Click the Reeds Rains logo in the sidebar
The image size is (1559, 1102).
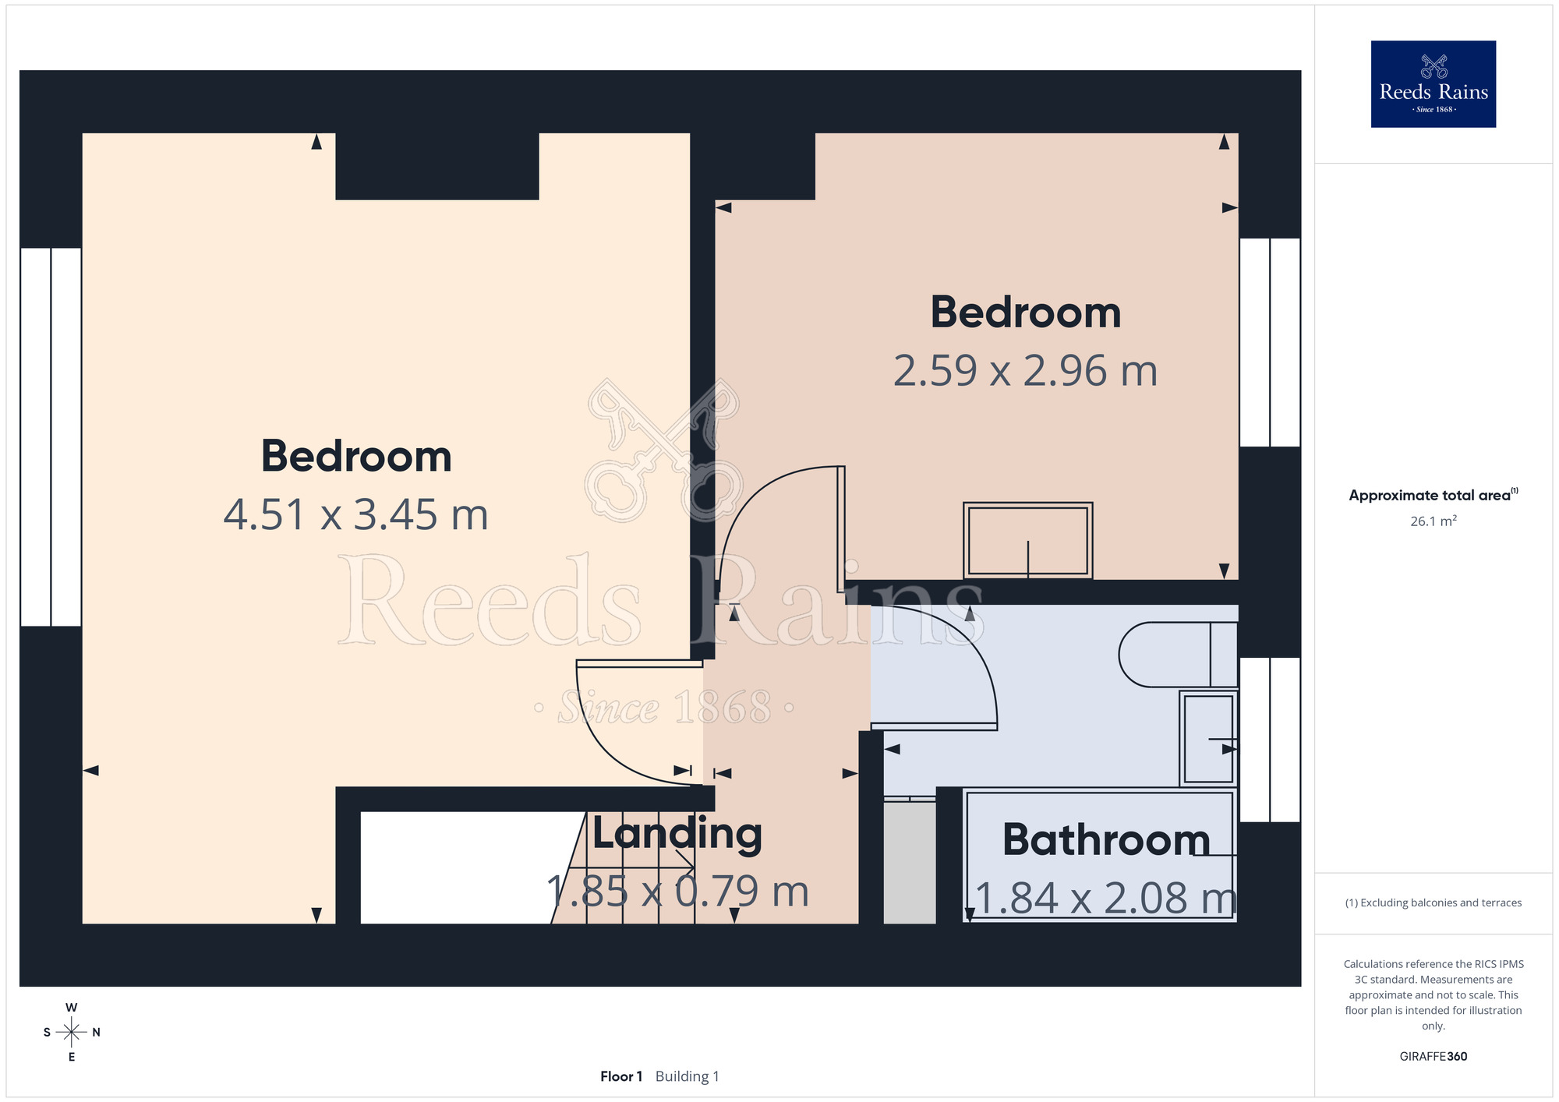click(1433, 84)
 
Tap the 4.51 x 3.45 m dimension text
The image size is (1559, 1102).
click(356, 515)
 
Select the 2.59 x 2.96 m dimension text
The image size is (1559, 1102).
click(1025, 371)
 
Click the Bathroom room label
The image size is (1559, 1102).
click(1106, 839)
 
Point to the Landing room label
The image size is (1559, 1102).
click(677, 834)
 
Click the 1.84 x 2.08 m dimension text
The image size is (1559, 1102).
click(1105, 898)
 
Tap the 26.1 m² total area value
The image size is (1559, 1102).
click(1433, 521)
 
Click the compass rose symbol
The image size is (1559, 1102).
click(72, 1032)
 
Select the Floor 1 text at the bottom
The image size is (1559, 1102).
click(621, 1076)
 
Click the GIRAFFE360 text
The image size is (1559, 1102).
click(1433, 1057)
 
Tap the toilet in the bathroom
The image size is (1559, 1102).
click(1178, 655)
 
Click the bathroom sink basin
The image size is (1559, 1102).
click(1208, 738)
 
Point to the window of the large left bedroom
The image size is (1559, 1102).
click(51, 436)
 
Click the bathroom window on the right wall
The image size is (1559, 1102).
click(1270, 740)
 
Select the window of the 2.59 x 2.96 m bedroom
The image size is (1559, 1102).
click(1270, 342)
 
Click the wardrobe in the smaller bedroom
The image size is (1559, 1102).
click(1027, 540)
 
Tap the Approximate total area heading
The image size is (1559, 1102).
click(1433, 495)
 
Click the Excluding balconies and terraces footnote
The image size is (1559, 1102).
click(1433, 902)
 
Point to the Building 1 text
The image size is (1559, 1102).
click(687, 1076)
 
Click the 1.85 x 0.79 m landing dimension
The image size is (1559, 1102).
click(677, 892)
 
